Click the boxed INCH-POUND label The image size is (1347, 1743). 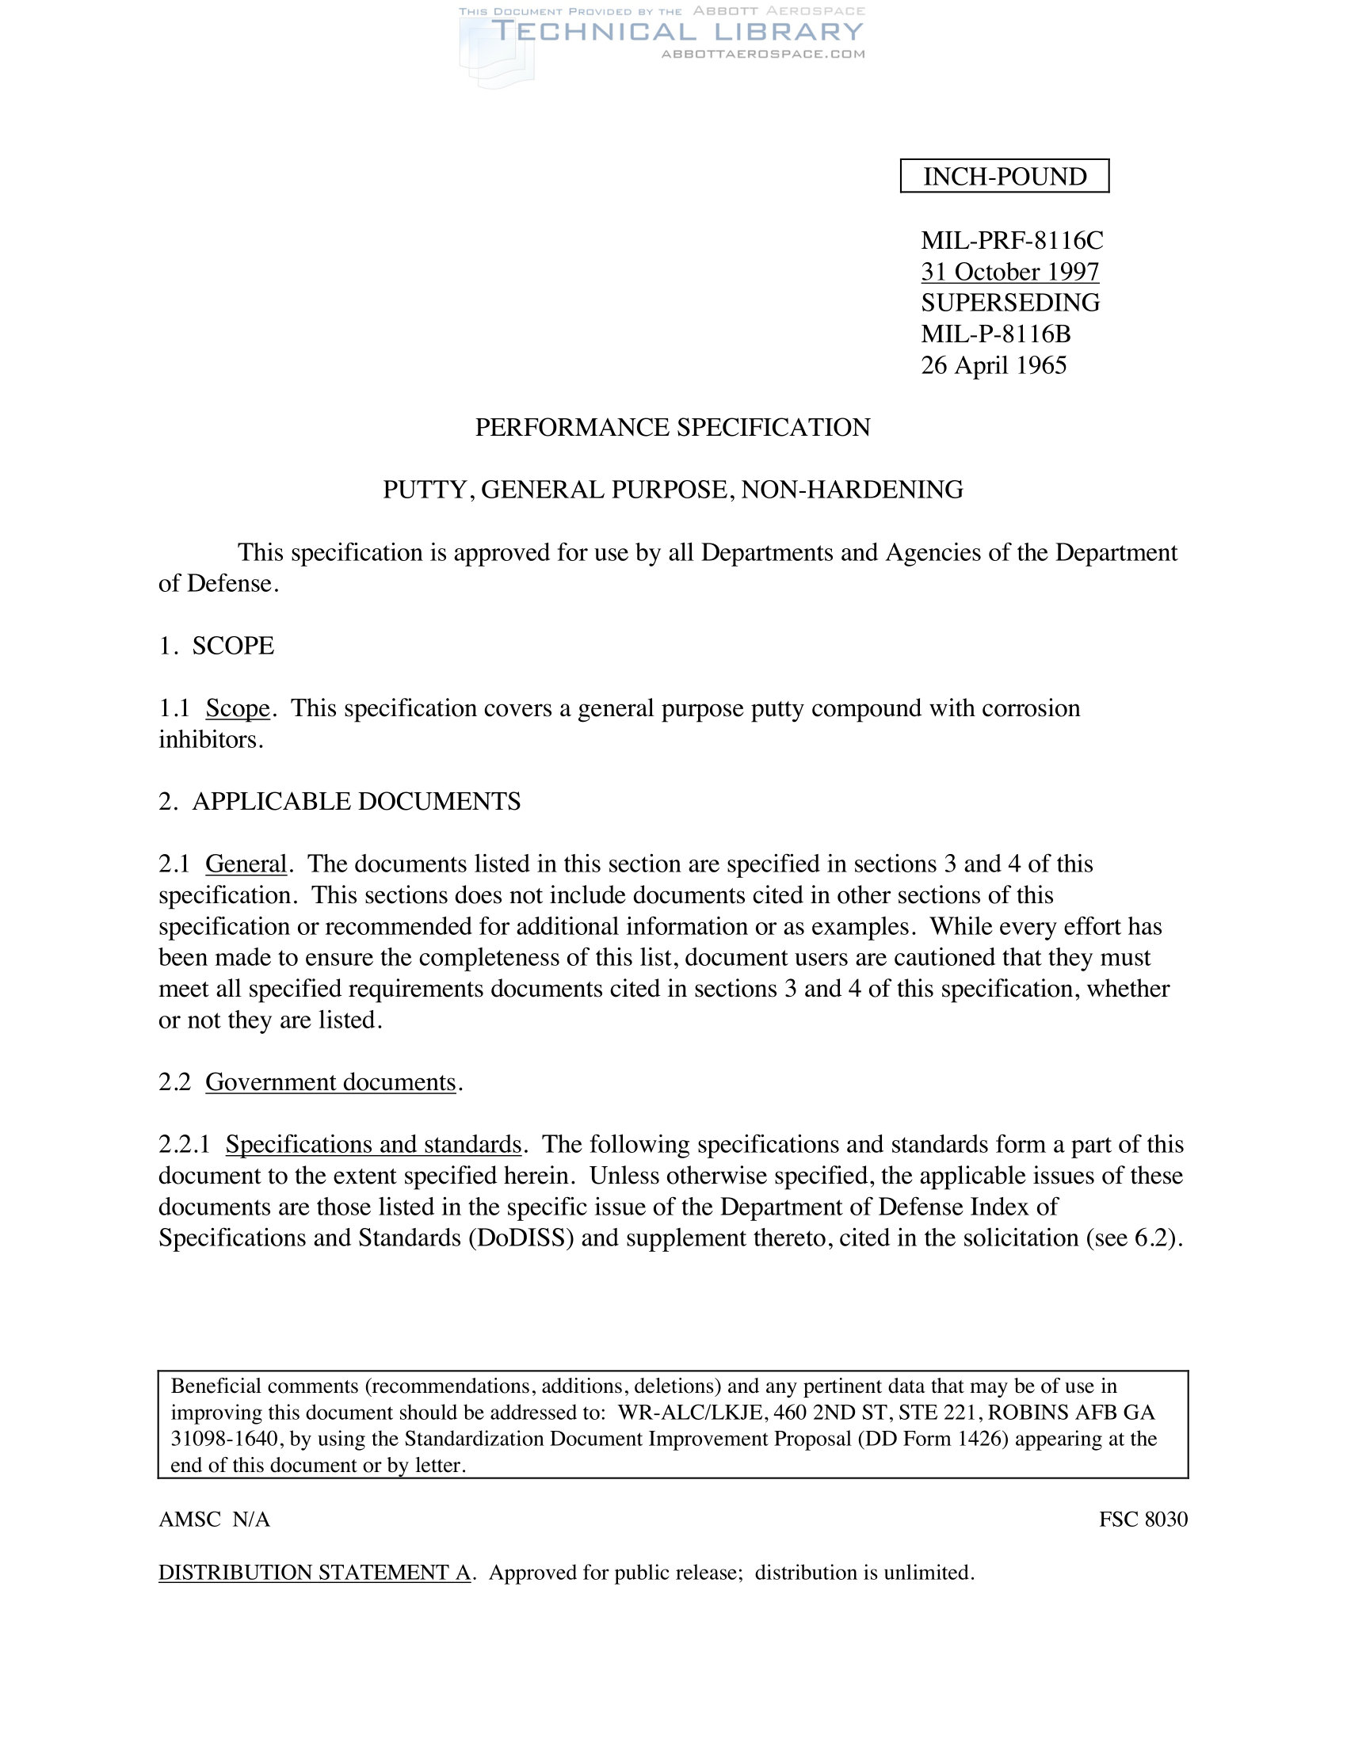pos(1004,177)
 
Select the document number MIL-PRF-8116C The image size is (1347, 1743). pos(1011,240)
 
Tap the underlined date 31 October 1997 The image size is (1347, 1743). pos(1009,272)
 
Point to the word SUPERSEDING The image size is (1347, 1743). pos(1009,303)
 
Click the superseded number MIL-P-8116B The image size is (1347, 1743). pos(995,334)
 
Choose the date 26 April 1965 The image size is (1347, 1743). pos(993,365)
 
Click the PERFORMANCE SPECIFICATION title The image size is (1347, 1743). pos(672,428)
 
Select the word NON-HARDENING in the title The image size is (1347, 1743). pos(852,489)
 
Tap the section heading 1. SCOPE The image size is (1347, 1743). pos(216,646)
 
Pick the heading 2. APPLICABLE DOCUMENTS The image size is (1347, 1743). pos(339,801)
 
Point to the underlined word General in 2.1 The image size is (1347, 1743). pos(246,864)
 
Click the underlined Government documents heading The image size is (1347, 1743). pos(330,1082)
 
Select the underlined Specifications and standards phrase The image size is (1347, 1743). pos(373,1145)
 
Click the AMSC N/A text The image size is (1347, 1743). pos(214,1520)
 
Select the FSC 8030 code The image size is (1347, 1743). pos(1143,1520)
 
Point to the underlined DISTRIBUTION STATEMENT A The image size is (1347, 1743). pos(315,1572)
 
